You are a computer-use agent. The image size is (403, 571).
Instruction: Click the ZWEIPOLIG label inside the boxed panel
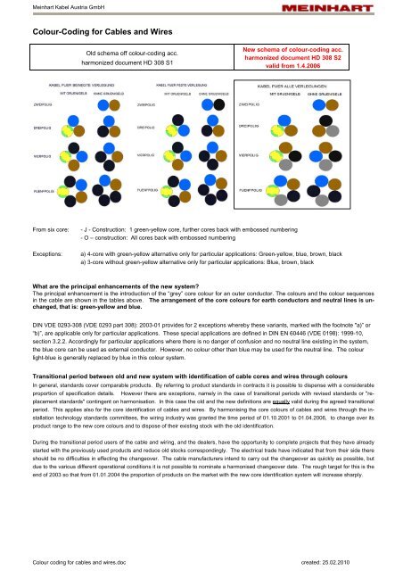[252, 103]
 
